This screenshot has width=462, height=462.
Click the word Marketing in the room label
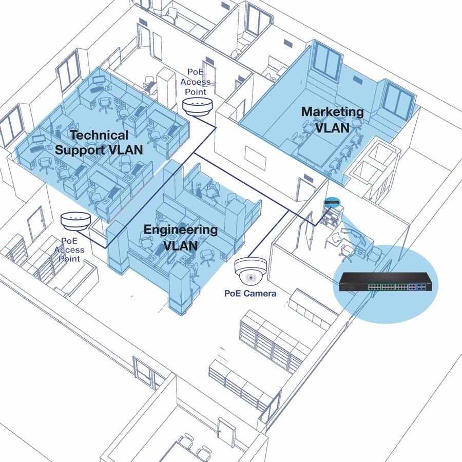(332, 111)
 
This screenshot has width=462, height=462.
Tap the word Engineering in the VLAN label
(180, 229)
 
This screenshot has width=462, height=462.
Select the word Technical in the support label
(99, 136)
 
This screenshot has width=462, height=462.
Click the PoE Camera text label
(250, 294)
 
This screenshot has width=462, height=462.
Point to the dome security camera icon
(250, 269)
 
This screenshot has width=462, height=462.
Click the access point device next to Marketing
(198, 105)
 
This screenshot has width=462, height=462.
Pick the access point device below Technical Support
(75, 221)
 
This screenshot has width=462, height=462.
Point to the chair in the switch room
(348, 251)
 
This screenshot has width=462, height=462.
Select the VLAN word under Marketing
(332, 127)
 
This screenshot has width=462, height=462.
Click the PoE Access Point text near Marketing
(198, 81)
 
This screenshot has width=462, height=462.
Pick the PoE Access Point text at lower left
(69, 249)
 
